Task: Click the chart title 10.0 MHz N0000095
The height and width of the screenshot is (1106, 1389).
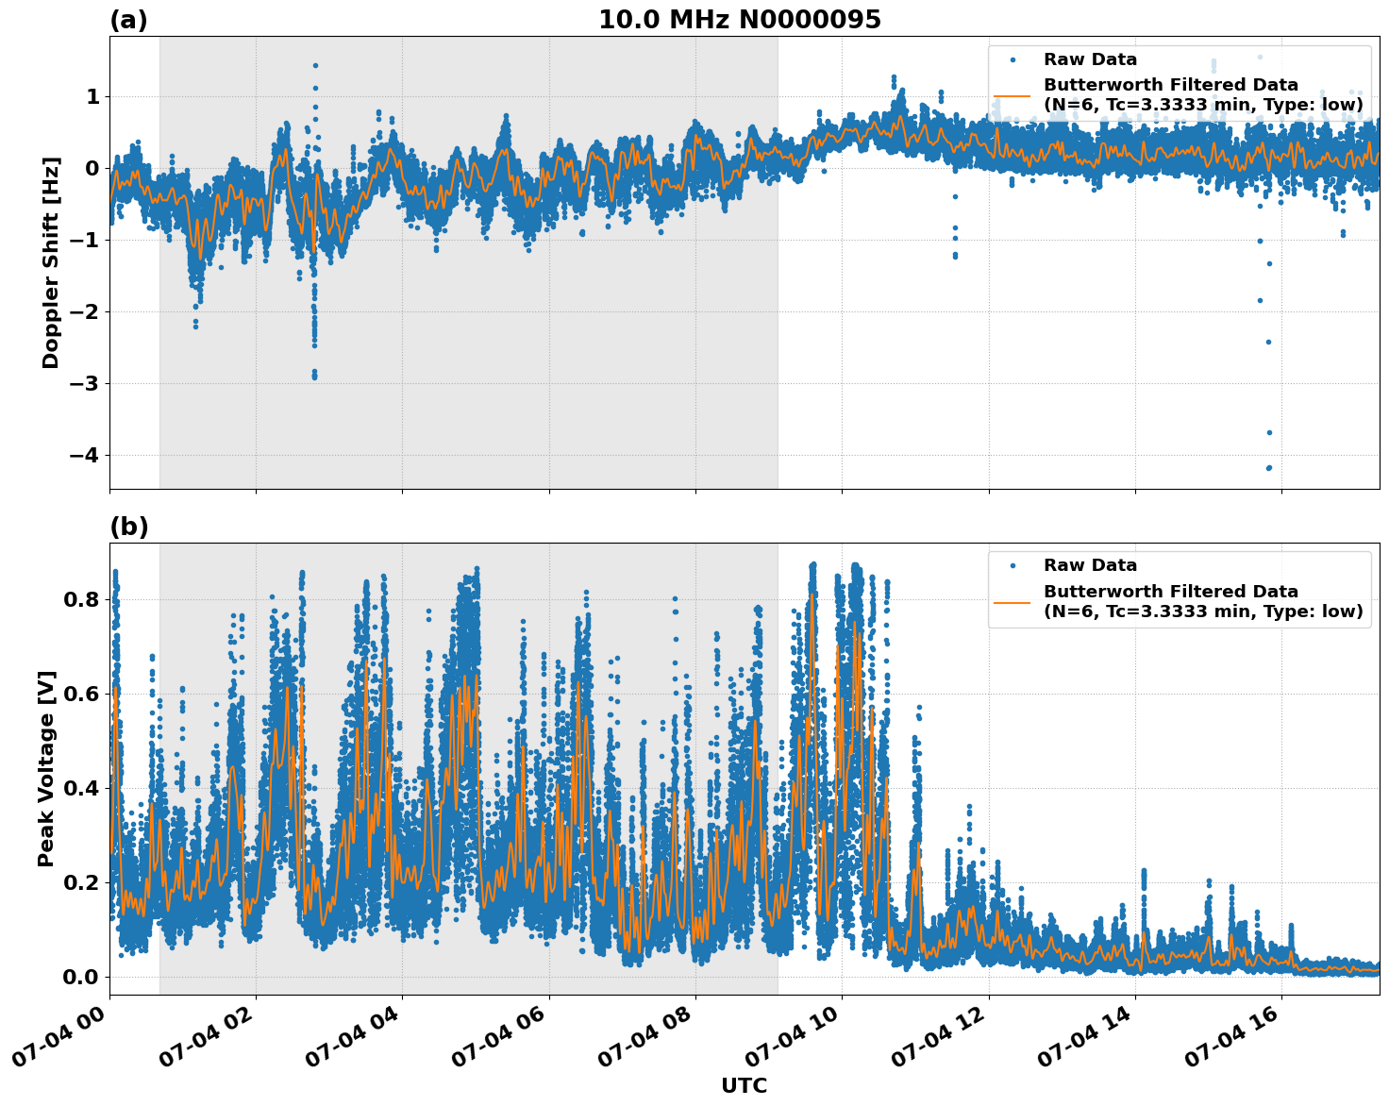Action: pos(740,20)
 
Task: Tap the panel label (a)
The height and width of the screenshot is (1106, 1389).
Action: pos(128,20)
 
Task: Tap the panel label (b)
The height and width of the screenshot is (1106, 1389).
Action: pos(128,527)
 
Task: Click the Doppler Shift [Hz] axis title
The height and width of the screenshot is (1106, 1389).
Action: pos(51,262)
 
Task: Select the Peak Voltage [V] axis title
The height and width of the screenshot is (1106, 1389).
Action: pos(46,768)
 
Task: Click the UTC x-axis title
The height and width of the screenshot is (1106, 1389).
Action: pos(744,1085)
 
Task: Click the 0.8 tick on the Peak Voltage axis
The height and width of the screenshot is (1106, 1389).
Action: pos(81,599)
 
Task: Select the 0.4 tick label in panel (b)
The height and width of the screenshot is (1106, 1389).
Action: pos(81,788)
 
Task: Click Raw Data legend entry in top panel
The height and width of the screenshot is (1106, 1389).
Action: pos(1090,59)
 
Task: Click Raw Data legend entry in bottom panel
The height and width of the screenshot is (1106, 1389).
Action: pos(1090,565)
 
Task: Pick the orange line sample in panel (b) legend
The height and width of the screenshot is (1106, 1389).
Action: pos(1012,601)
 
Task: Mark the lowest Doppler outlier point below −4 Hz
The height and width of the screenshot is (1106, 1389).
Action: pos(1269,468)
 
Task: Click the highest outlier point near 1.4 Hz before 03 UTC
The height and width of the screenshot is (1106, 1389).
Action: pos(315,66)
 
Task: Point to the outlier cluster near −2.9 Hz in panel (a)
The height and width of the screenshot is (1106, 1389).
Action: pos(314,375)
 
